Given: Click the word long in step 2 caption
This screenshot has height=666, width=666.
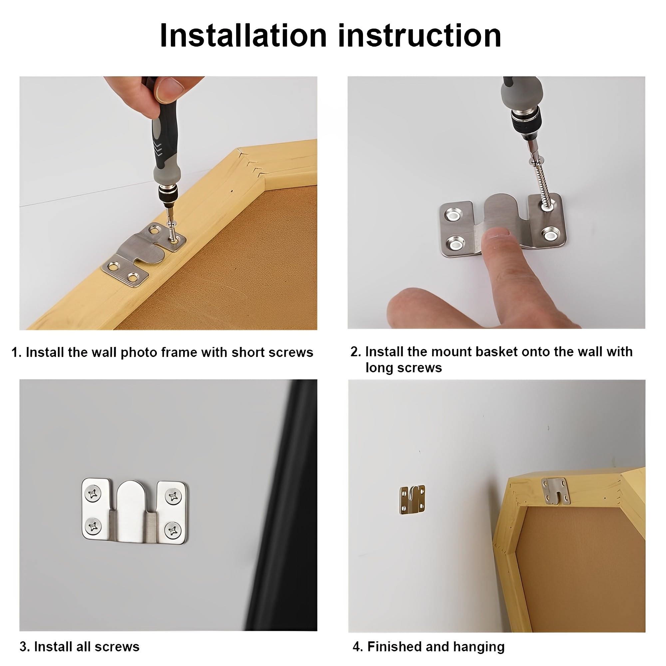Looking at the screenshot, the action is (379, 368).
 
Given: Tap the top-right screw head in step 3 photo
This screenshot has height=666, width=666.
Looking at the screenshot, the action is (173, 497).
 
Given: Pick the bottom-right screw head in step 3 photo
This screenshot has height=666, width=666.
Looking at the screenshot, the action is (172, 530).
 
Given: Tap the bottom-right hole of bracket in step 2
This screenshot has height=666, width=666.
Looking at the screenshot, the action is (550, 235).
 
